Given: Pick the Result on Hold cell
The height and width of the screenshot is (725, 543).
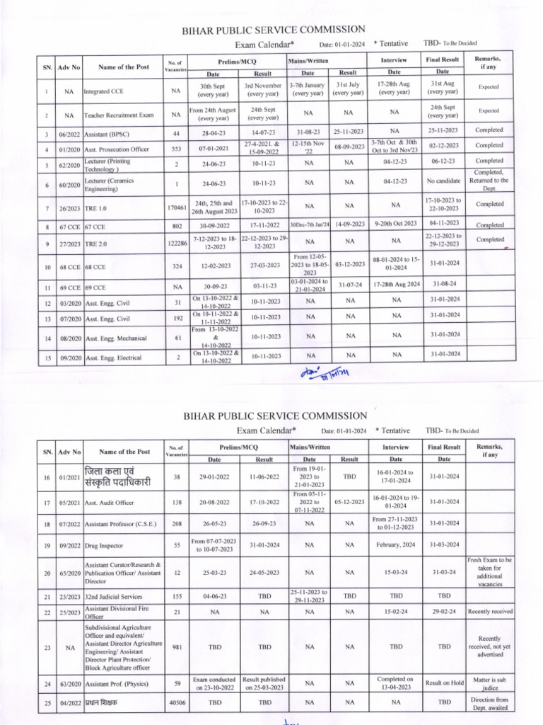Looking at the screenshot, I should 443,683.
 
